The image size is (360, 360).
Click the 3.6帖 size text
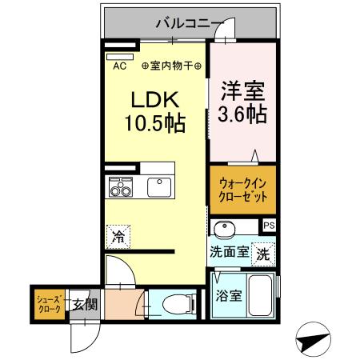[x=242, y=114]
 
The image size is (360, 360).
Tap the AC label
[x=119, y=66]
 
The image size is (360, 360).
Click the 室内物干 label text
[x=171, y=66]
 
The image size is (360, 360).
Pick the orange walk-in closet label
[x=243, y=190]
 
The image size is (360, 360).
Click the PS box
[x=269, y=226]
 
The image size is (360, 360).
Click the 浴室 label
[x=228, y=296]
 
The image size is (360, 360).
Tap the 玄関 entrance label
[x=85, y=304]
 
